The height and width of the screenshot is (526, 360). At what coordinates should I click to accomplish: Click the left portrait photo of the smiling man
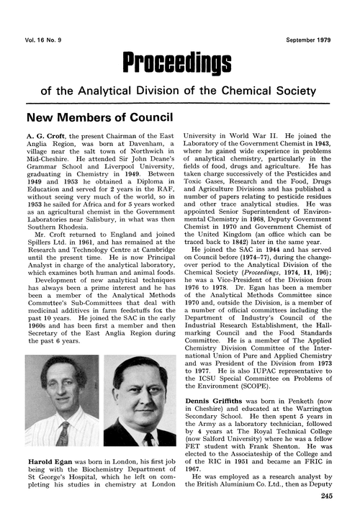coord(63,402)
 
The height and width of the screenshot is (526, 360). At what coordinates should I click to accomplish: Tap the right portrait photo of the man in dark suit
coord(138,402)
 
